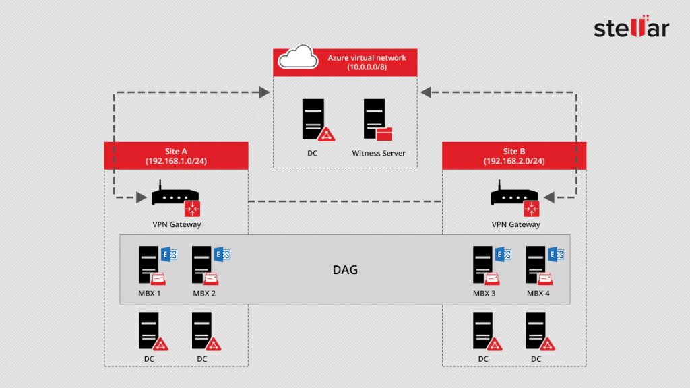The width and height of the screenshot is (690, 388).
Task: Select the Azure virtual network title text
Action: click(x=367, y=58)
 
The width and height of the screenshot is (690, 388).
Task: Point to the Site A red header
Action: click(x=176, y=156)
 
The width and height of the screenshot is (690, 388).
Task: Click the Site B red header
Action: click(x=514, y=156)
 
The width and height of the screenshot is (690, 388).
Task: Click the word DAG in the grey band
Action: click(x=345, y=270)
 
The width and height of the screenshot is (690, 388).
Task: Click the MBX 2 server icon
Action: click(x=202, y=264)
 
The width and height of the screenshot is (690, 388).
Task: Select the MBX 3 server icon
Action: click(x=483, y=264)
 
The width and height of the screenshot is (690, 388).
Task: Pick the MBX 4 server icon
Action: click(x=536, y=264)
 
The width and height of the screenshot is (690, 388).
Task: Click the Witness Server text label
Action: click(x=379, y=154)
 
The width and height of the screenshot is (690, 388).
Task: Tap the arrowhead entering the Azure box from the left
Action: click(x=263, y=91)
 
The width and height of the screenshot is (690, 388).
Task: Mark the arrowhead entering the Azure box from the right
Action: click(x=427, y=91)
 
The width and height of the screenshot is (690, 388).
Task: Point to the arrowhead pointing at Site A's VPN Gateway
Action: click(x=142, y=197)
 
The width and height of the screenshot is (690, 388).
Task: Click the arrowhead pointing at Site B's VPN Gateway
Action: click(x=548, y=197)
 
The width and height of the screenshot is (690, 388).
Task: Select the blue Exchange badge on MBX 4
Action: click(x=557, y=254)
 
